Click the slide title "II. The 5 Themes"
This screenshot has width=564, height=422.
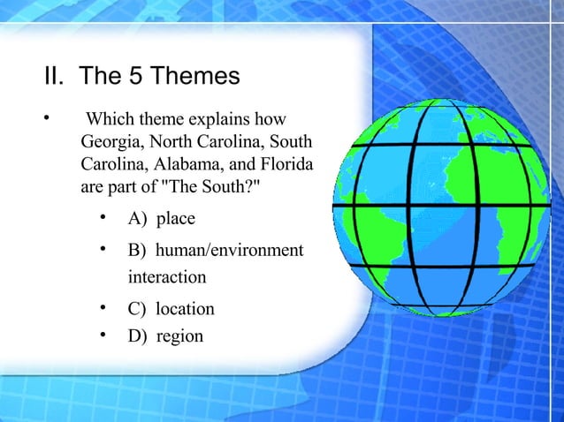tap(141, 77)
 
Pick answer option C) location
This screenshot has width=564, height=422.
tap(171, 309)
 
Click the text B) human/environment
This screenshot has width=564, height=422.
tap(215, 251)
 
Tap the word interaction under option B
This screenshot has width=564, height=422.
tap(167, 277)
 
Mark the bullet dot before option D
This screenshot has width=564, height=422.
tap(103, 335)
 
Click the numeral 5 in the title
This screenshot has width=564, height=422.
tap(137, 77)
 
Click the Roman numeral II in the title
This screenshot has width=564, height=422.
tap(52, 77)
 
